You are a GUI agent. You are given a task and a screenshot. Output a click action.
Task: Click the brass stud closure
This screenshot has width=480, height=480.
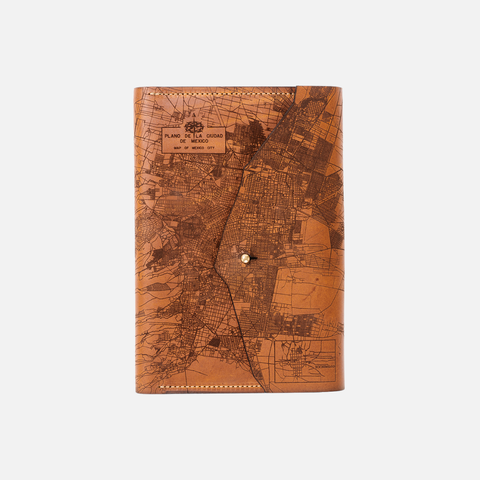click(x=245, y=258)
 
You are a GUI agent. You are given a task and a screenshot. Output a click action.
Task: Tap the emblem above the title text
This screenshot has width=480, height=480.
click(x=193, y=127)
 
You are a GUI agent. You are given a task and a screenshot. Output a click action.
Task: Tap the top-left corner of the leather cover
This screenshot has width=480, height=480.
click(x=137, y=89)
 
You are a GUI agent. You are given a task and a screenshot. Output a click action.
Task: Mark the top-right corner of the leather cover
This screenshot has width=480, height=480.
click(x=340, y=88)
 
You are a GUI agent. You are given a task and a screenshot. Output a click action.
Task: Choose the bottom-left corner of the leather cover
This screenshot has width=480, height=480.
click(x=138, y=391)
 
